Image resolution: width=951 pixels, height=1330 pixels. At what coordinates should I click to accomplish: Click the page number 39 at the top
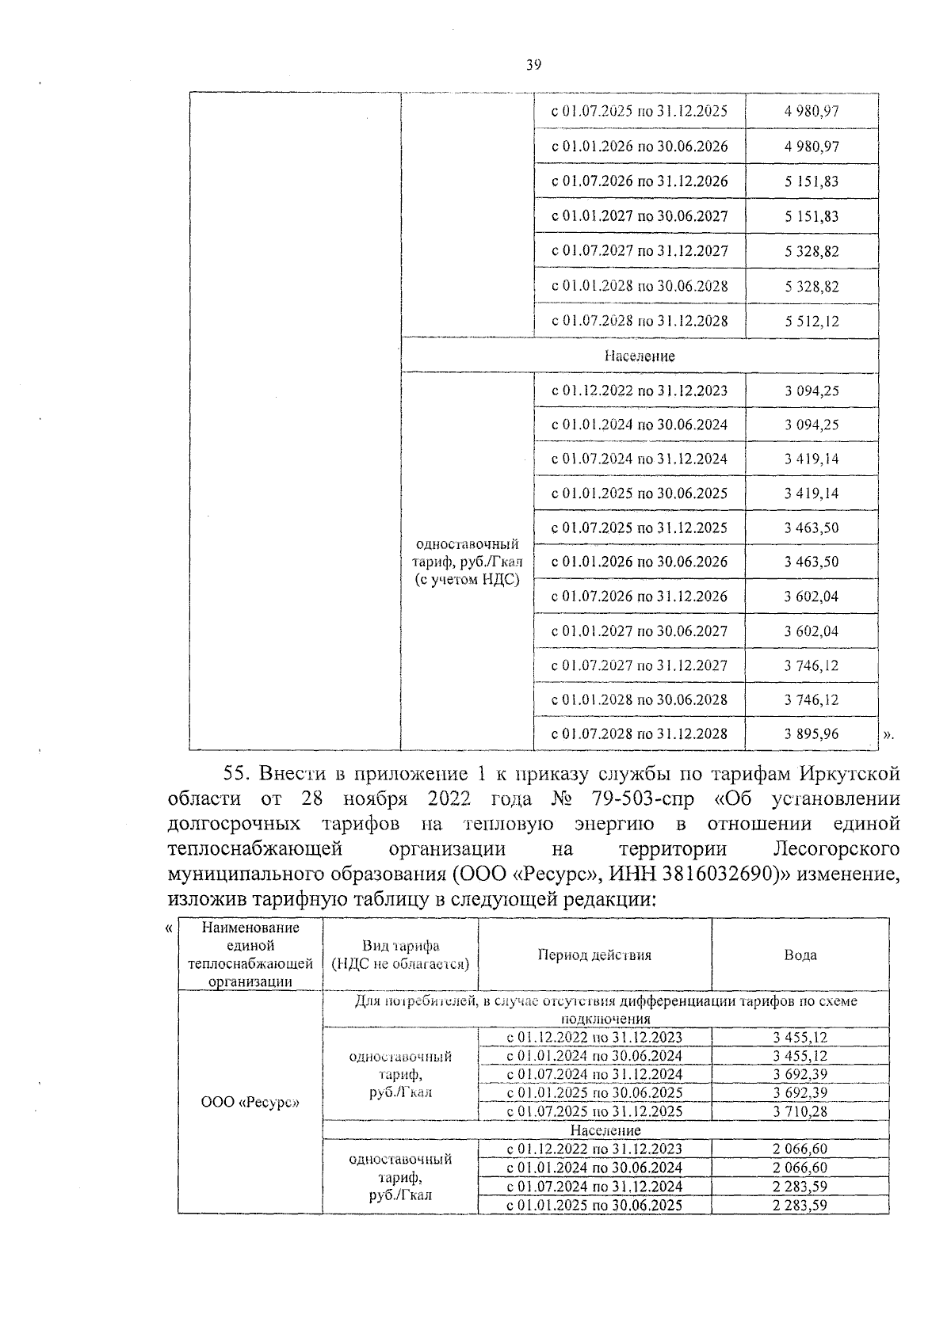pyautogui.click(x=533, y=66)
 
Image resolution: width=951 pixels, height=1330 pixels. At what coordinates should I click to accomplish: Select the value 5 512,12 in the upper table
pyautogui.click(x=812, y=321)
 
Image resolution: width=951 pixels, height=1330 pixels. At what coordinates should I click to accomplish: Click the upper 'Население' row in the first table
pyautogui.click(x=639, y=356)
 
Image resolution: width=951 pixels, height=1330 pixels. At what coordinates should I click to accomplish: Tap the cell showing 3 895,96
pyautogui.click(x=812, y=734)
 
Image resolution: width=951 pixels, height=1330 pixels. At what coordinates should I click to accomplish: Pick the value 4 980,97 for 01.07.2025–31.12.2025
pyautogui.click(x=812, y=112)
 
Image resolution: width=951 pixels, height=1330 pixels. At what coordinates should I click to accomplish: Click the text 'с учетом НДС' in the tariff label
pyautogui.click(x=467, y=579)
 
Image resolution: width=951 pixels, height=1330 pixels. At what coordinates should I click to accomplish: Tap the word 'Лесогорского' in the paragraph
pyautogui.click(x=836, y=849)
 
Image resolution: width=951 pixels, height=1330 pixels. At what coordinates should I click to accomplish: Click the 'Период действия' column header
pyautogui.click(x=594, y=955)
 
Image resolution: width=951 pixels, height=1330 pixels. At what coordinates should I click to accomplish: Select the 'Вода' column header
pyautogui.click(x=800, y=955)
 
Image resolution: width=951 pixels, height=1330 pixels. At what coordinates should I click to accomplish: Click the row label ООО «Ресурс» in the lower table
pyautogui.click(x=250, y=1102)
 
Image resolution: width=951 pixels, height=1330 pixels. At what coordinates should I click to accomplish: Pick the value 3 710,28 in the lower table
pyautogui.click(x=800, y=1111)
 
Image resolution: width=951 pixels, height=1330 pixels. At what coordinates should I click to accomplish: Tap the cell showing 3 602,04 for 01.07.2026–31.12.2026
pyautogui.click(x=812, y=596)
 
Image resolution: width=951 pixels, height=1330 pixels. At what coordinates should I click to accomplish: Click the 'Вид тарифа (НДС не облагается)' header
pyautogui.click(x=400, y=955)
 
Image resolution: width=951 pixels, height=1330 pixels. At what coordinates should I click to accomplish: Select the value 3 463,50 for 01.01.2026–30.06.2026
pyautogui.click(x=812, y=562)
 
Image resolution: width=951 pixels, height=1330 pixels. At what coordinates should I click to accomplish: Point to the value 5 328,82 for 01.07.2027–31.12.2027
pyautogui.click(x=812, y=251)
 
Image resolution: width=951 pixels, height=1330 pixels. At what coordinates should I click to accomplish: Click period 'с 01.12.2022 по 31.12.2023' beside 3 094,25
pyautogui.click(x=639, y=391)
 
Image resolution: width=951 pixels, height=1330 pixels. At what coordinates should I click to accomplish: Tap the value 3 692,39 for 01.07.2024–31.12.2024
pyautogui.click(x=800, y=1074)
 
